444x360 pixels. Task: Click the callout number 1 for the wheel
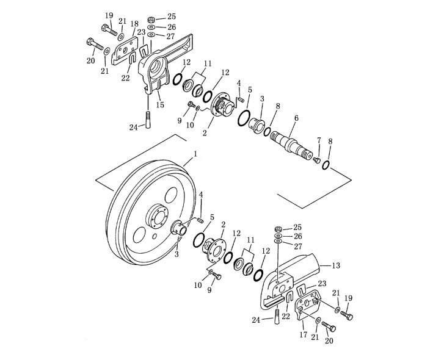[195, 154]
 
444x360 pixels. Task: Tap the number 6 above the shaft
[296, 118]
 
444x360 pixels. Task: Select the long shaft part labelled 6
[291, 145]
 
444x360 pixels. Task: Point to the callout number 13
[336, 265]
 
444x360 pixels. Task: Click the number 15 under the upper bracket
[160, 104]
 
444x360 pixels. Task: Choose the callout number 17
[304, 335]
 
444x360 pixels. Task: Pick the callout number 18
[134, 23]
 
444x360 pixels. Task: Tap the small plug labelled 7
[316, 160]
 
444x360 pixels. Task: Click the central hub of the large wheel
[156, 216]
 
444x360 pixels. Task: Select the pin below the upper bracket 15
[148, 120]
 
